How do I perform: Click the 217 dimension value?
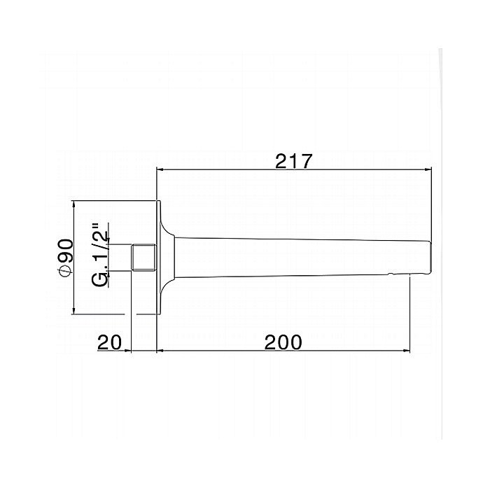(294, 161)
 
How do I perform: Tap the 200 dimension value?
(283, 342)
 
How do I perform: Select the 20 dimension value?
(109, 342)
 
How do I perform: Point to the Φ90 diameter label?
(66, 258)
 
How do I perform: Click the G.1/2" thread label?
(101, 255)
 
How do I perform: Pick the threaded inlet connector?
(143, 257)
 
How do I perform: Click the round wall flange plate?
(158, 257)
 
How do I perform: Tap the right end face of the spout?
(430, 258)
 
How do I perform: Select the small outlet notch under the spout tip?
(390, 275)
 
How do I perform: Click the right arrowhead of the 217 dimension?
(428, 169)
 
